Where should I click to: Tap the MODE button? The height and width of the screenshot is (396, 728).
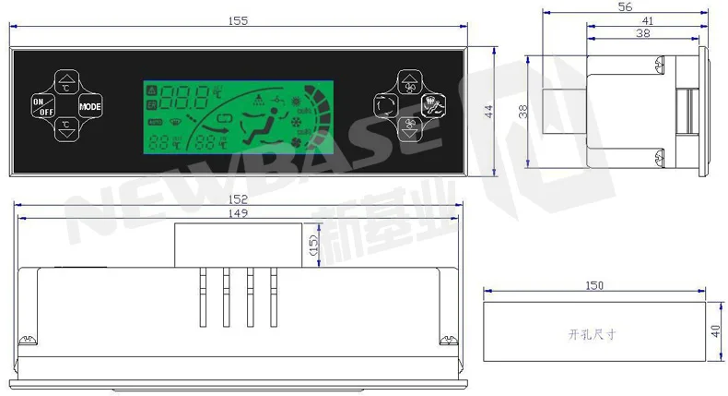90,106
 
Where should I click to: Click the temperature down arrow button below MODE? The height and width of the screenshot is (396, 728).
65,129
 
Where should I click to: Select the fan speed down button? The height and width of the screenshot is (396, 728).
408,130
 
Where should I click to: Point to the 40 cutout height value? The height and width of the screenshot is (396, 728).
715,330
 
